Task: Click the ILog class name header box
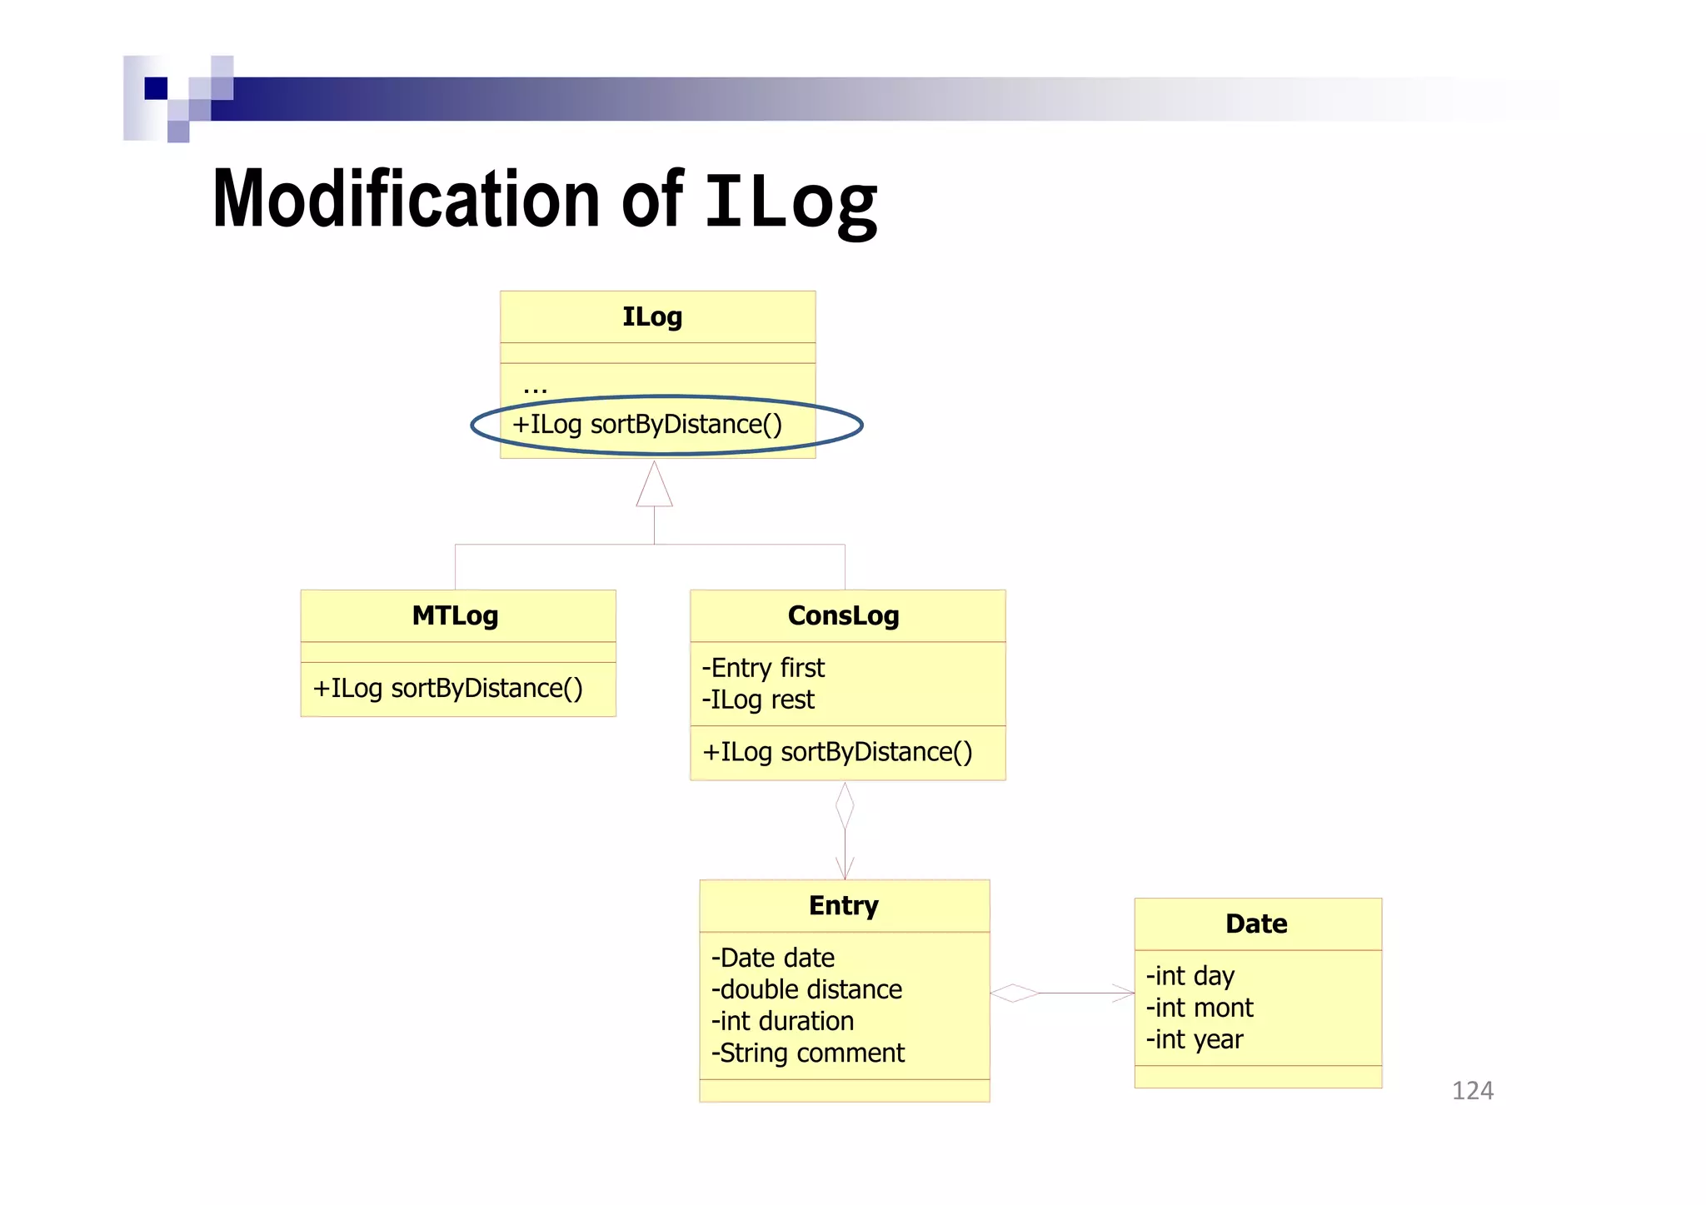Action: coord(653,316)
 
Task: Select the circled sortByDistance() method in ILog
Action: coord(647,425)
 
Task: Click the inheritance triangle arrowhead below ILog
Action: coord(654,486)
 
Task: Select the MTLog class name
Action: coord(455,615)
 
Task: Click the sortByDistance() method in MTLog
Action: coord(447,689)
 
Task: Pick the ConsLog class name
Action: coord(843,615)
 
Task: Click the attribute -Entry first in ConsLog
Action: coord(763,668)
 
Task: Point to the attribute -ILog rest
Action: coord(758,700)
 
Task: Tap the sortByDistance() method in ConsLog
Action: coord(837,752)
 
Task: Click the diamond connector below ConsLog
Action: coord(845,805)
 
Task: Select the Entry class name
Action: coord(843,905)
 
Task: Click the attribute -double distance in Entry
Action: coord(806,989)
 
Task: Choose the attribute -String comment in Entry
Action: coord(807,1053)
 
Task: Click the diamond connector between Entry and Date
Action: coord(1014,993)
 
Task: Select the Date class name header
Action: coord(1256,924)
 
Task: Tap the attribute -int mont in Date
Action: coord(1200,1008)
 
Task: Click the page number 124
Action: coord(1472,1090)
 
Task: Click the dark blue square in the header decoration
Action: coord(156,88)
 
